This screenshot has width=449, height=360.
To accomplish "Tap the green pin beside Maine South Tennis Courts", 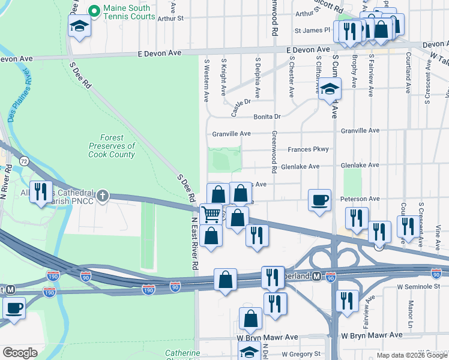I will tap(94, 11).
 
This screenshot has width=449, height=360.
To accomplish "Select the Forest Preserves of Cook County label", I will tap(112, 146).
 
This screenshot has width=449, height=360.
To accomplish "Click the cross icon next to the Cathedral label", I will tap(103, 194).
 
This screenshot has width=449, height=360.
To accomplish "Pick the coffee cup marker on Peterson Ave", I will tap(319, 199).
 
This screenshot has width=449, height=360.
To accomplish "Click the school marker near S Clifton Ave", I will tap(329, 89).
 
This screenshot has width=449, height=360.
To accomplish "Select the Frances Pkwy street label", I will tap(308, 149).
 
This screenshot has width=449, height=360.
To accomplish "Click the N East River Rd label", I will tap(194, 243).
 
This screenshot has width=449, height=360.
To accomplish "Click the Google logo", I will tap(20, 353).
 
